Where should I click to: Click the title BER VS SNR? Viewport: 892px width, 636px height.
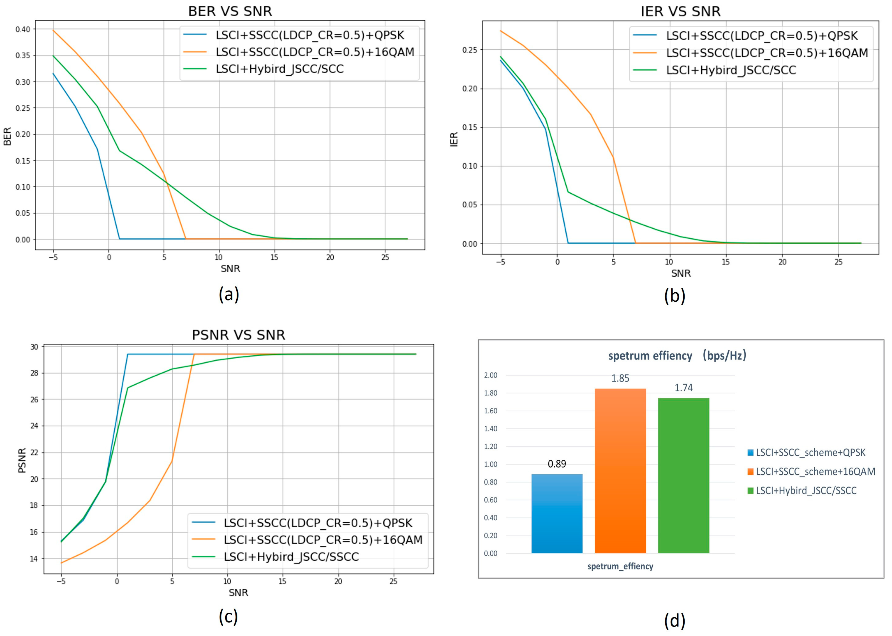(x=230, y=11)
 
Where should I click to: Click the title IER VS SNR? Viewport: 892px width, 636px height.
(x=680, y=12)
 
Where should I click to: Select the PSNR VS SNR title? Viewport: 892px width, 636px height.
(x=238, y=335)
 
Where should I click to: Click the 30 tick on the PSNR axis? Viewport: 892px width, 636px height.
(x=34, y=347)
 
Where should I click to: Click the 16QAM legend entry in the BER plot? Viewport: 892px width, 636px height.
(x=315, y=52)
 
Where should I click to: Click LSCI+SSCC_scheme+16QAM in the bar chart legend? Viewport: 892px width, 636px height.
(x=815, y=472)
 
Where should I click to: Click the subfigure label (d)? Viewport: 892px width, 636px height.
(x=674, y=621)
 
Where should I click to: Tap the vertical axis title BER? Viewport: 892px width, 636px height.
(x=7, y=136)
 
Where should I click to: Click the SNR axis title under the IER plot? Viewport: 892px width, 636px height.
(x=681, y=273)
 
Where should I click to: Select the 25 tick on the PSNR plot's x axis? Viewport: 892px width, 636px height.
(x=393, y=581)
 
